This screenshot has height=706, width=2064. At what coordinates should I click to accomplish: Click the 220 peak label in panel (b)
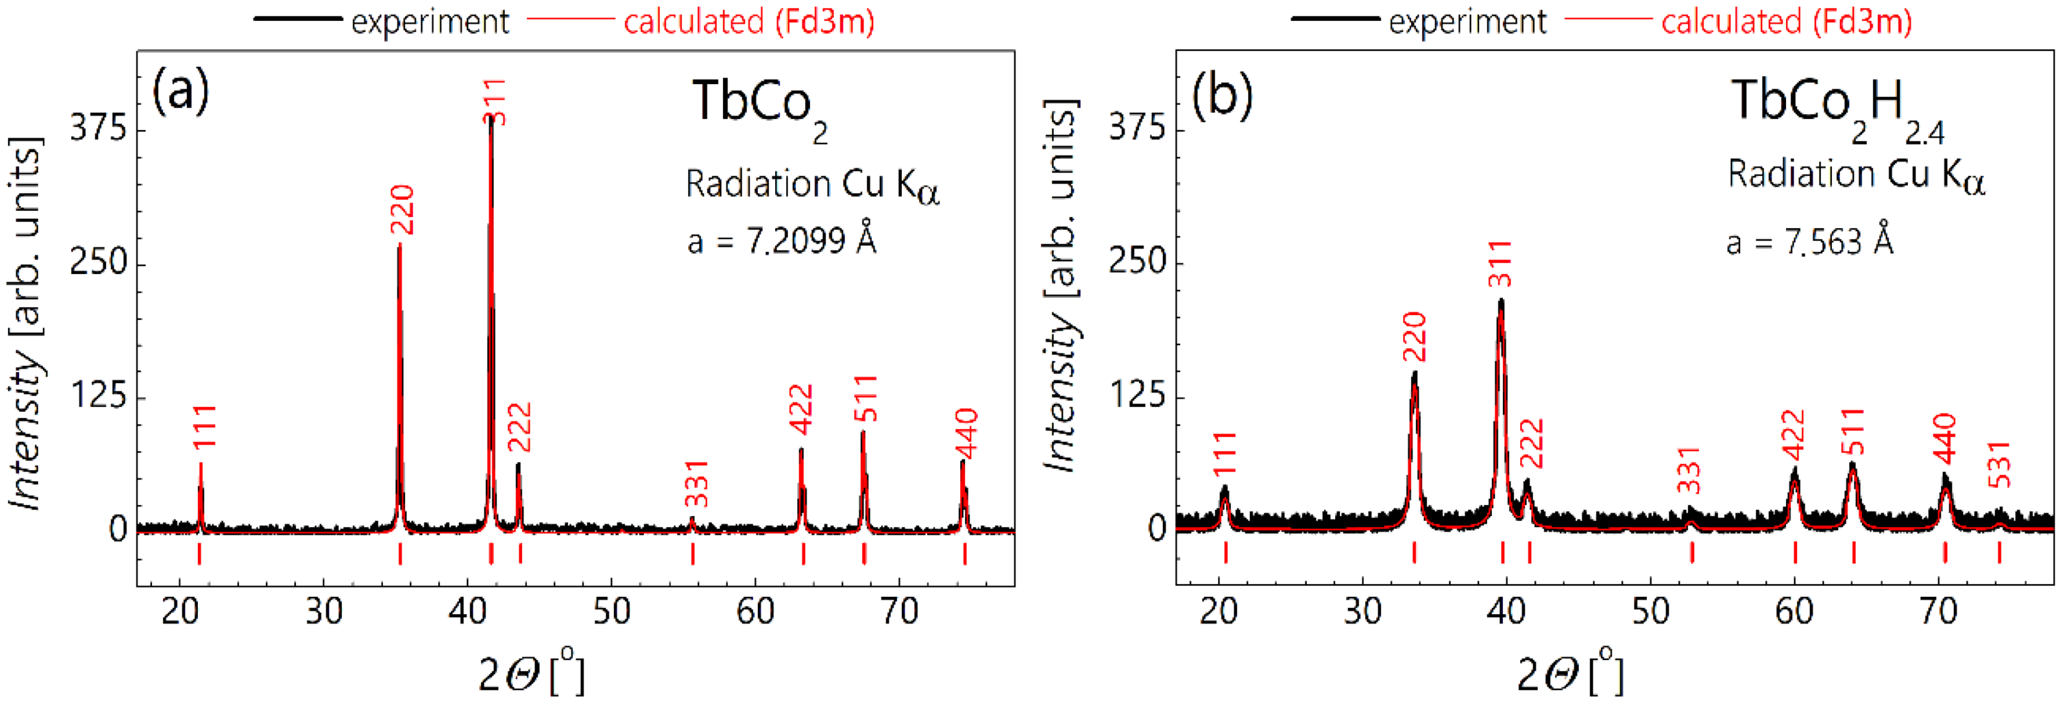(1414, 337)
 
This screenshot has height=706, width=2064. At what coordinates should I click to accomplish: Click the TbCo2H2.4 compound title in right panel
(1837, 108)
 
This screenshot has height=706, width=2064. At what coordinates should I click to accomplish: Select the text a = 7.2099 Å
(781, 240)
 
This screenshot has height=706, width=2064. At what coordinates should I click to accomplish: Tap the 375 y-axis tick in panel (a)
(98, 128)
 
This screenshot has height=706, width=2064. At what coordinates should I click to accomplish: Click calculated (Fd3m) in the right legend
(1786, 21)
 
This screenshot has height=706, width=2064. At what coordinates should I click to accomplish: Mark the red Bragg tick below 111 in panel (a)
(199, 554)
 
